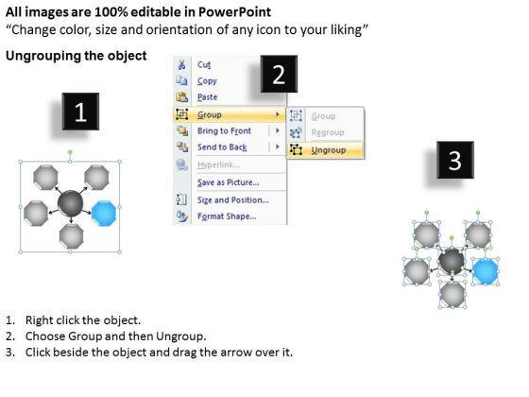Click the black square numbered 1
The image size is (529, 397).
(80, 112)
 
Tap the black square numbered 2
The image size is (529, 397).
(279, 74)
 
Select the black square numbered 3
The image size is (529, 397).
(455, 160)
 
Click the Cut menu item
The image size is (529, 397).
(204, 64)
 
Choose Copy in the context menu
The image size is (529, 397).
(207, 81)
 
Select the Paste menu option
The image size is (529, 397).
(207, 97)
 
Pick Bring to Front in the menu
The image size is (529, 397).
(224, 131)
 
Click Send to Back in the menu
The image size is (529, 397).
(222, 147)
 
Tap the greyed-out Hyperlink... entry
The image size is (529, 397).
(218, 164)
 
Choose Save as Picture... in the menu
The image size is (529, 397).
(228, 182)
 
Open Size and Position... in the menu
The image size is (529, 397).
(233, 200)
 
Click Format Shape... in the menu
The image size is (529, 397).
(227, 216)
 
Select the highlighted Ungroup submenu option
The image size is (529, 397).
(329, 150)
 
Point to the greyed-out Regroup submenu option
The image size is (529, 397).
(328, 132)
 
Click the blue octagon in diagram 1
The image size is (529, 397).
(104, 213)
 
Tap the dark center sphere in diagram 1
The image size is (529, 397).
(70, 203)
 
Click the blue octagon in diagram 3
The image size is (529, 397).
(486, 270)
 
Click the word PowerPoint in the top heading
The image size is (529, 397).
(234, 12)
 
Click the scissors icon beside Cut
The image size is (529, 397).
(181, 64)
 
